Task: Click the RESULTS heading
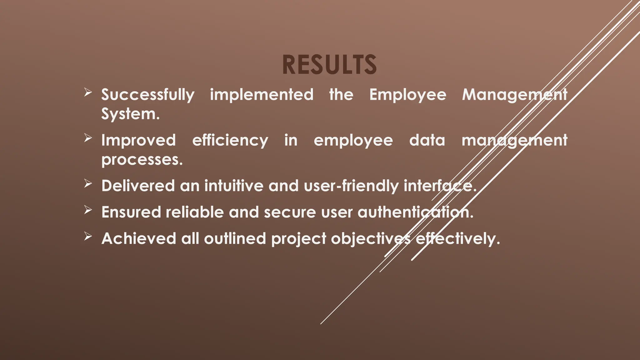coord(329,65)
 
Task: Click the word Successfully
coord(148,95)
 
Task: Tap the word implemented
coord(262,95)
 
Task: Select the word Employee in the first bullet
coord(408,95)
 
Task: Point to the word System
coord(130,114)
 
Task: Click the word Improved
coord(138,140)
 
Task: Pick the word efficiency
coord(230,140)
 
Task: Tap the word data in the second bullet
coord(427,140)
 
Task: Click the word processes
coord(142,160)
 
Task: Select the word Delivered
coord(138,186)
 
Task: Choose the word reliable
coord(195,212)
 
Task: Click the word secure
coord(290,212)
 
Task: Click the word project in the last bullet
coord(299,239)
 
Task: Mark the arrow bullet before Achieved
coord(88,237)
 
